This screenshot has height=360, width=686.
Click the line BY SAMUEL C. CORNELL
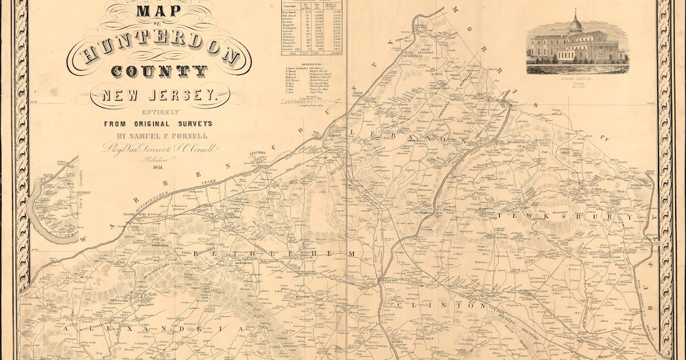pyautogui.click(x=158, y=136)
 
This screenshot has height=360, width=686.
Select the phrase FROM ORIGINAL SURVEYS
pyautogui.click(x=158, y=123)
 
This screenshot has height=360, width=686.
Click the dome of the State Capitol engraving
pyautogui.click(x=575, y=24)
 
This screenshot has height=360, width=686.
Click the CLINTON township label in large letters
pyautogui.click(x=435, y=306)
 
